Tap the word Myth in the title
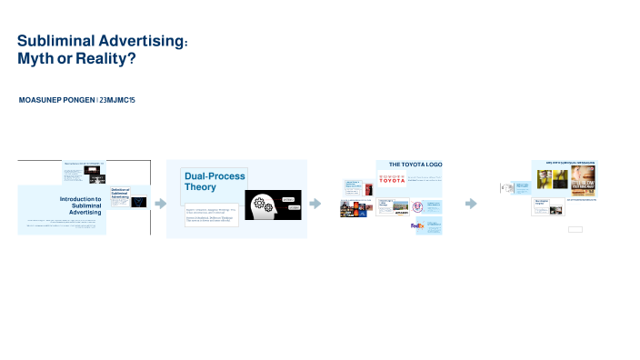click(37, 58)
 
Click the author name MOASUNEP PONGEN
click(56, 98)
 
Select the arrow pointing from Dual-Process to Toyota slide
click(315, 204)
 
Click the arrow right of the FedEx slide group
click(471, 204)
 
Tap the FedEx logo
click(417, 226)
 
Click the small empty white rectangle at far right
click(575, 230)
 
